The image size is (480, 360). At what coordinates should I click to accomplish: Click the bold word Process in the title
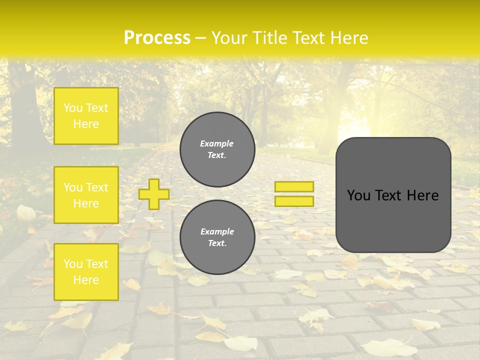(x=157, y=38)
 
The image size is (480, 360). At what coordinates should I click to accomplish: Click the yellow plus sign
(x=153, y=194)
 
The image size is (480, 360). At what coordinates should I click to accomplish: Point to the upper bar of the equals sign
(x=294, y=186)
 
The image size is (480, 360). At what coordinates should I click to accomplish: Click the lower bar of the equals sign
(x=294, y=201)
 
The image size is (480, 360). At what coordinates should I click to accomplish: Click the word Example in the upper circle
(x=217, y=143)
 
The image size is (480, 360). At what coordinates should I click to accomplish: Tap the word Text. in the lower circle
(x=217, y=243)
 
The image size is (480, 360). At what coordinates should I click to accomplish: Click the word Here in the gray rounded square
(x=422, y=195)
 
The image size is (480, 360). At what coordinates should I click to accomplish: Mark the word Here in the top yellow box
(x=86, y=124)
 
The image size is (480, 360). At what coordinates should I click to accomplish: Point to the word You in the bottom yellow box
(x=73, y=264)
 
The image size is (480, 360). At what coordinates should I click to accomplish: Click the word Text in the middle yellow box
(x=97, y=187)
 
